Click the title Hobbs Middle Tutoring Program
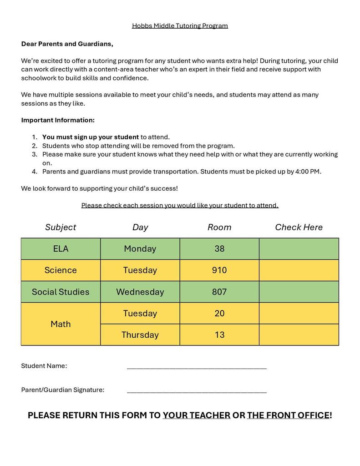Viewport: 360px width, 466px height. pos(180,26)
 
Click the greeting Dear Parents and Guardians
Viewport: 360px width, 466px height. pos(67,44)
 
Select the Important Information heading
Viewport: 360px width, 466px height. pos(58,120)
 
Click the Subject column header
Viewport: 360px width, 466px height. pos(61,227)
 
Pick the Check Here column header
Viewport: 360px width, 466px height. pos(299,227)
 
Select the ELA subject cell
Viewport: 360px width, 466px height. pos(61,248)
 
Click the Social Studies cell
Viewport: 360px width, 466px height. pos(61,292)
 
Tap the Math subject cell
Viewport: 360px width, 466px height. pos(61,324)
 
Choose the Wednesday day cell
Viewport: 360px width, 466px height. pos(140,292)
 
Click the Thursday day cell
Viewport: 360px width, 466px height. pos(140,335)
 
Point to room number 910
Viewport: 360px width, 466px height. pos(219,270)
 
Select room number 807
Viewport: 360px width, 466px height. pos(219,292)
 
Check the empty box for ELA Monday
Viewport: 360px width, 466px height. pos(299,248)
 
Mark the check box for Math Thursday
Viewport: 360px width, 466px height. pos(299,335)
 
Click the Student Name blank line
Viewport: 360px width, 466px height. pos(197,366)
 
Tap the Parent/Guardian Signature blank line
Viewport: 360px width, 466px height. pos(197,390)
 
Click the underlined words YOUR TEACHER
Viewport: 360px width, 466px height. pos(196,415)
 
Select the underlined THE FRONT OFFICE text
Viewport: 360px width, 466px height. pos(288,415)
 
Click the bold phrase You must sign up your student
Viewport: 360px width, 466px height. pos(91,137)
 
